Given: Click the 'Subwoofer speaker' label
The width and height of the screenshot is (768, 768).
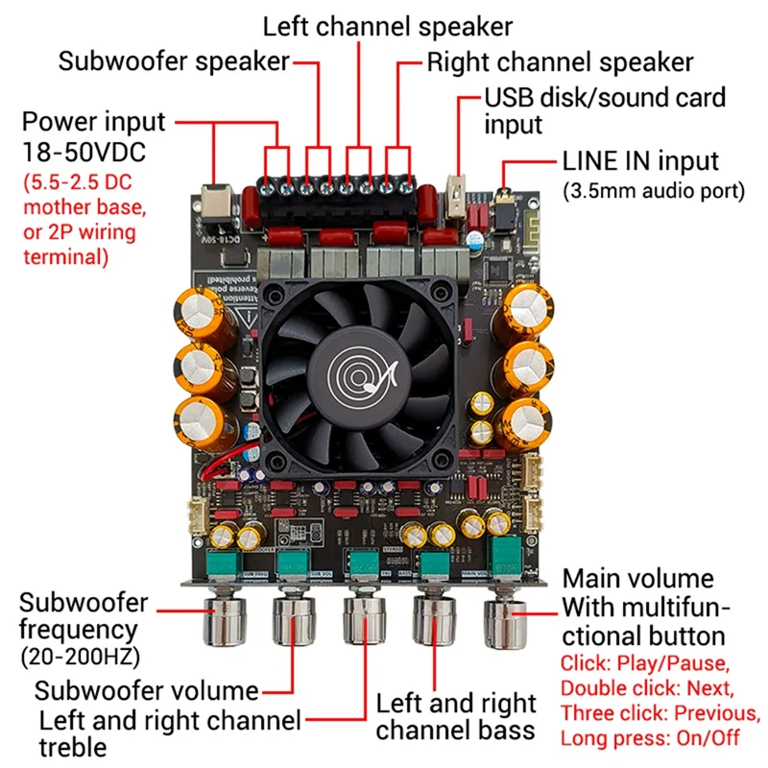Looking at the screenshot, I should pos(174,62).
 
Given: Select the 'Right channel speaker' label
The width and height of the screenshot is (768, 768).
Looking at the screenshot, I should pos(560,63).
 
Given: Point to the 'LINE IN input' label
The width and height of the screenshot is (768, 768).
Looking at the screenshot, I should pos(640,160).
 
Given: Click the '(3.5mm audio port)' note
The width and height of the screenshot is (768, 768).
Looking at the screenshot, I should pos(653,190).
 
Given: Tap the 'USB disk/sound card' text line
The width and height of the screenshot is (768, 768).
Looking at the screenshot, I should pos(604,97).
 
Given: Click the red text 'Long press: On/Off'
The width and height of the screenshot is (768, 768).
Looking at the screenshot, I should pos(650,738).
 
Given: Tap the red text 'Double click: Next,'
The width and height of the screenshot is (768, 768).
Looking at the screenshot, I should pos(648,687).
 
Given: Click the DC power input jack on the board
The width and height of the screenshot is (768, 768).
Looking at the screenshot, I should pos(216,199).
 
